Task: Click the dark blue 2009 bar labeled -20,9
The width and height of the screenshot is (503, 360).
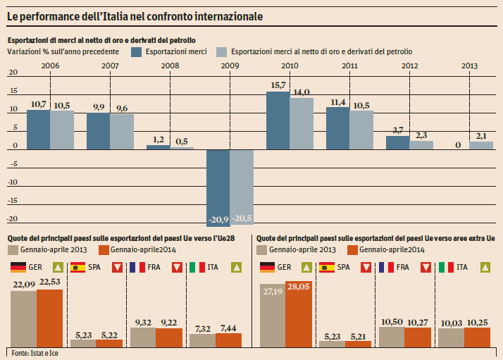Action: [x=218, y=187]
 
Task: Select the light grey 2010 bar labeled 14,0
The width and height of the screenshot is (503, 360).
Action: [x=302, y=123]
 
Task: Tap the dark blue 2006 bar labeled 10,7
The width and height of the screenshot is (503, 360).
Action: [x=38, y=129]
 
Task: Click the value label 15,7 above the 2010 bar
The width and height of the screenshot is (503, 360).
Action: [x=278, y=85]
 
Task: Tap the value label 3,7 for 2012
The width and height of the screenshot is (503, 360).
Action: [x=397, y=130]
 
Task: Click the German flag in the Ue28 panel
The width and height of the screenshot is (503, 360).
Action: [x=18, y=268]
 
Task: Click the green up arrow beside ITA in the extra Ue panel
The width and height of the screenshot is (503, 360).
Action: [x=485, y=268]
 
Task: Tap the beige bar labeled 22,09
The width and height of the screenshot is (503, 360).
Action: [x=23, y=318]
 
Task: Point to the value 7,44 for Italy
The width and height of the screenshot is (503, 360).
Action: [x=228, y=328]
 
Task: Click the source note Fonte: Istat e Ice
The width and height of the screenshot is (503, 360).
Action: [x=33, y=352]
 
